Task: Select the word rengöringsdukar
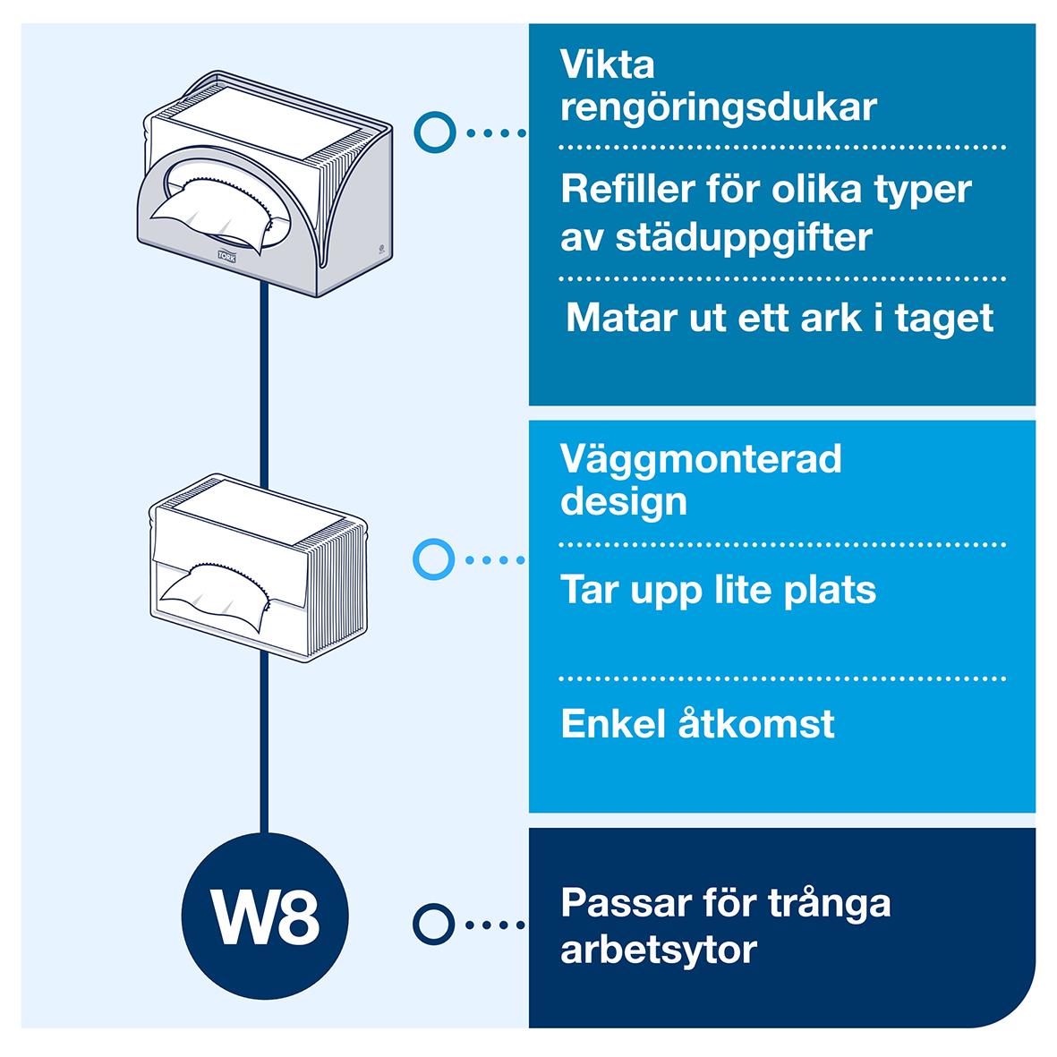(x=718, y=107)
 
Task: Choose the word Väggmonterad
(x=701, y=460)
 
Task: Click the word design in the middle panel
(x=624, y=501)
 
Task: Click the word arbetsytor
(x=659, y=949)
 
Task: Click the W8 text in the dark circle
(x=263, y=918)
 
